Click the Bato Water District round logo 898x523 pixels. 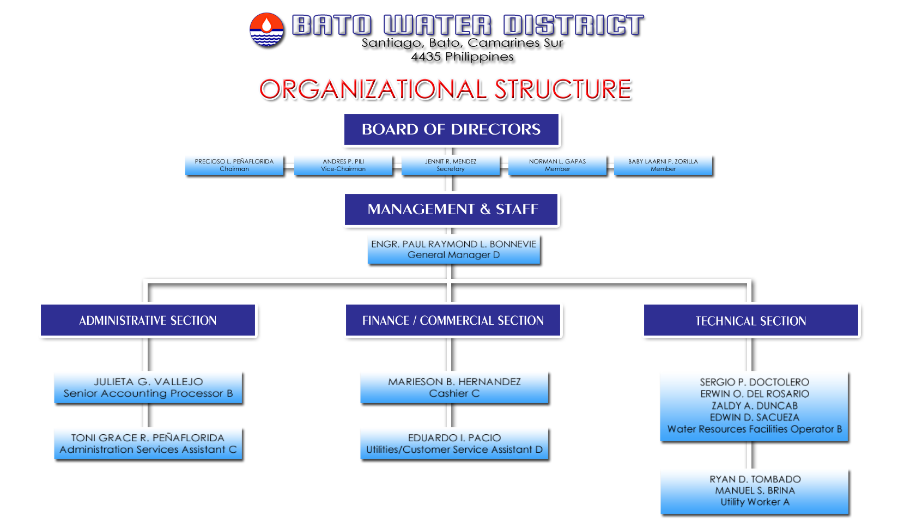[266, 29]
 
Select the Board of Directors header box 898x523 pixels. [451, 130]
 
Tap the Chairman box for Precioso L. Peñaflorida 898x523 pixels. [234, 165]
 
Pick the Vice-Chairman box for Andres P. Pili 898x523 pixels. [343, 165]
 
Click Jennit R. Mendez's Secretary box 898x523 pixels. [451, 165]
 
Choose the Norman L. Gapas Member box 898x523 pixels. [557, 165]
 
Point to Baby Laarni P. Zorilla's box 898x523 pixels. [663, 165]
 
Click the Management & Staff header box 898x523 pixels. [451, 210]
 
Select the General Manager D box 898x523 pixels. [454, 250]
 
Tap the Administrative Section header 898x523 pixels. [148, 320]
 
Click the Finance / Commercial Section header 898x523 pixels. [453, 320]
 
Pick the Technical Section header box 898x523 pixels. [751, 321]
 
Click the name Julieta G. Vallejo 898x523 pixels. [148, 382]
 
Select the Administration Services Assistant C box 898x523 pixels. [148, 444]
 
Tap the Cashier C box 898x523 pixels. [454, 388]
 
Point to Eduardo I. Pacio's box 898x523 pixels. [454, 444]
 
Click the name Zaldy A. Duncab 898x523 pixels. [755, 405]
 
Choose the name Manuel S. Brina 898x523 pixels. [755, 490]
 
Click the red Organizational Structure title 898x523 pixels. [445, 89]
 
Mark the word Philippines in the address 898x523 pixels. [480, 57]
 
